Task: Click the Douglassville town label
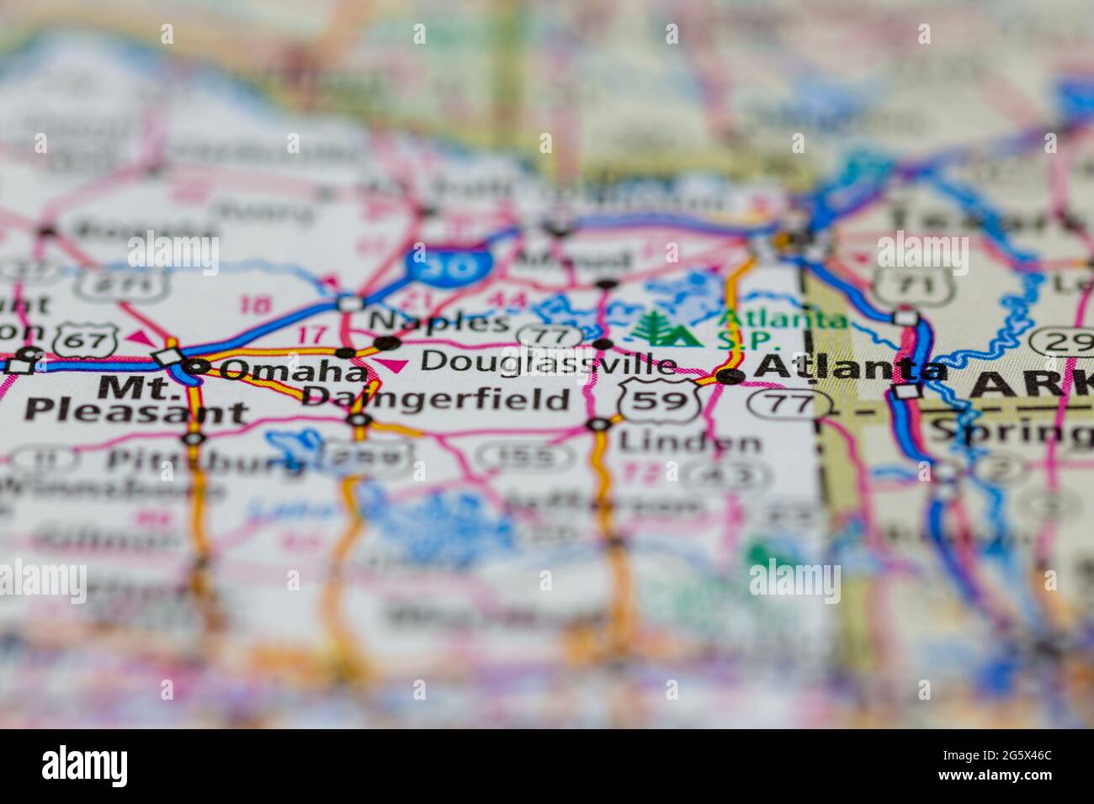548,363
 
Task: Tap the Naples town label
439,320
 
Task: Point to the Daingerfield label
435,398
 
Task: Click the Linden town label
688,441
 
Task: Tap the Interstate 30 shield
448,264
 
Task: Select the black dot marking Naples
386,342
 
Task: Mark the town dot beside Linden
598,425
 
